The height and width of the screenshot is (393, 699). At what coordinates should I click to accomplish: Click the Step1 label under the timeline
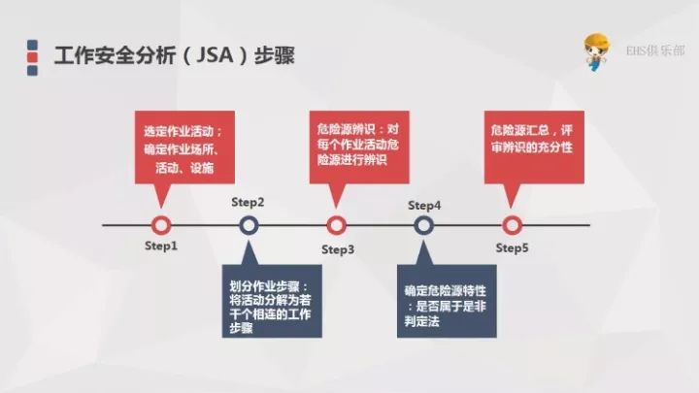[161, 246]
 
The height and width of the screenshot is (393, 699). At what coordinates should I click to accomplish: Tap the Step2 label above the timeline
[248, 202]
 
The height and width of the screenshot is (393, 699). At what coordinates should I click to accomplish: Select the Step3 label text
[338, 249]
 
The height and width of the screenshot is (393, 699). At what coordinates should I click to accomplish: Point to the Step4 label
[424, 206]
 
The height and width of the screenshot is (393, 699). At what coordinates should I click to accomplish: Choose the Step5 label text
[512, 247]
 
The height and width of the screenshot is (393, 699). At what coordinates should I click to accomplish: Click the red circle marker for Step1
[161, 225]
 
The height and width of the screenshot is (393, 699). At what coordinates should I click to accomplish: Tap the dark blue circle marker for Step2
[249, 225]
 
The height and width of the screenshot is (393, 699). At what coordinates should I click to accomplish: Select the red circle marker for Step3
[336, 225]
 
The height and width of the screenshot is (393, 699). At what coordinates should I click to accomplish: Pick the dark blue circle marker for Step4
[423, 225]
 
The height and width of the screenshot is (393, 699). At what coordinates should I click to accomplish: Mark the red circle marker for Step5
[512, 225]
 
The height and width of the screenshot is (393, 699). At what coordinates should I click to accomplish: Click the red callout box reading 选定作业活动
[184, 147]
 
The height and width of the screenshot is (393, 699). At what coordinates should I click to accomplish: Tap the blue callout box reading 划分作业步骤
[272, 301]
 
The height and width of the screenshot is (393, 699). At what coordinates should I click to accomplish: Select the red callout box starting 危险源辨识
[359, 147]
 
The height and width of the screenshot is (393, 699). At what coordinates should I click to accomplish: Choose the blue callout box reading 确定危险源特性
[447, 301]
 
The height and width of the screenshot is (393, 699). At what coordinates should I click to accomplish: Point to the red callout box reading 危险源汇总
[534, 147]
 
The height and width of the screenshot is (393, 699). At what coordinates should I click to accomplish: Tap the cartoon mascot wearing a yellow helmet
[596, 51]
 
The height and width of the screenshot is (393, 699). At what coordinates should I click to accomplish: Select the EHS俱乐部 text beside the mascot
[655, 50]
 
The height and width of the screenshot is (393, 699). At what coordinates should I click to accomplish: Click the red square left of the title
[32, 57]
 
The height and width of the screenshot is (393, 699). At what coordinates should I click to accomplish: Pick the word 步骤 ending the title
[275, 56]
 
